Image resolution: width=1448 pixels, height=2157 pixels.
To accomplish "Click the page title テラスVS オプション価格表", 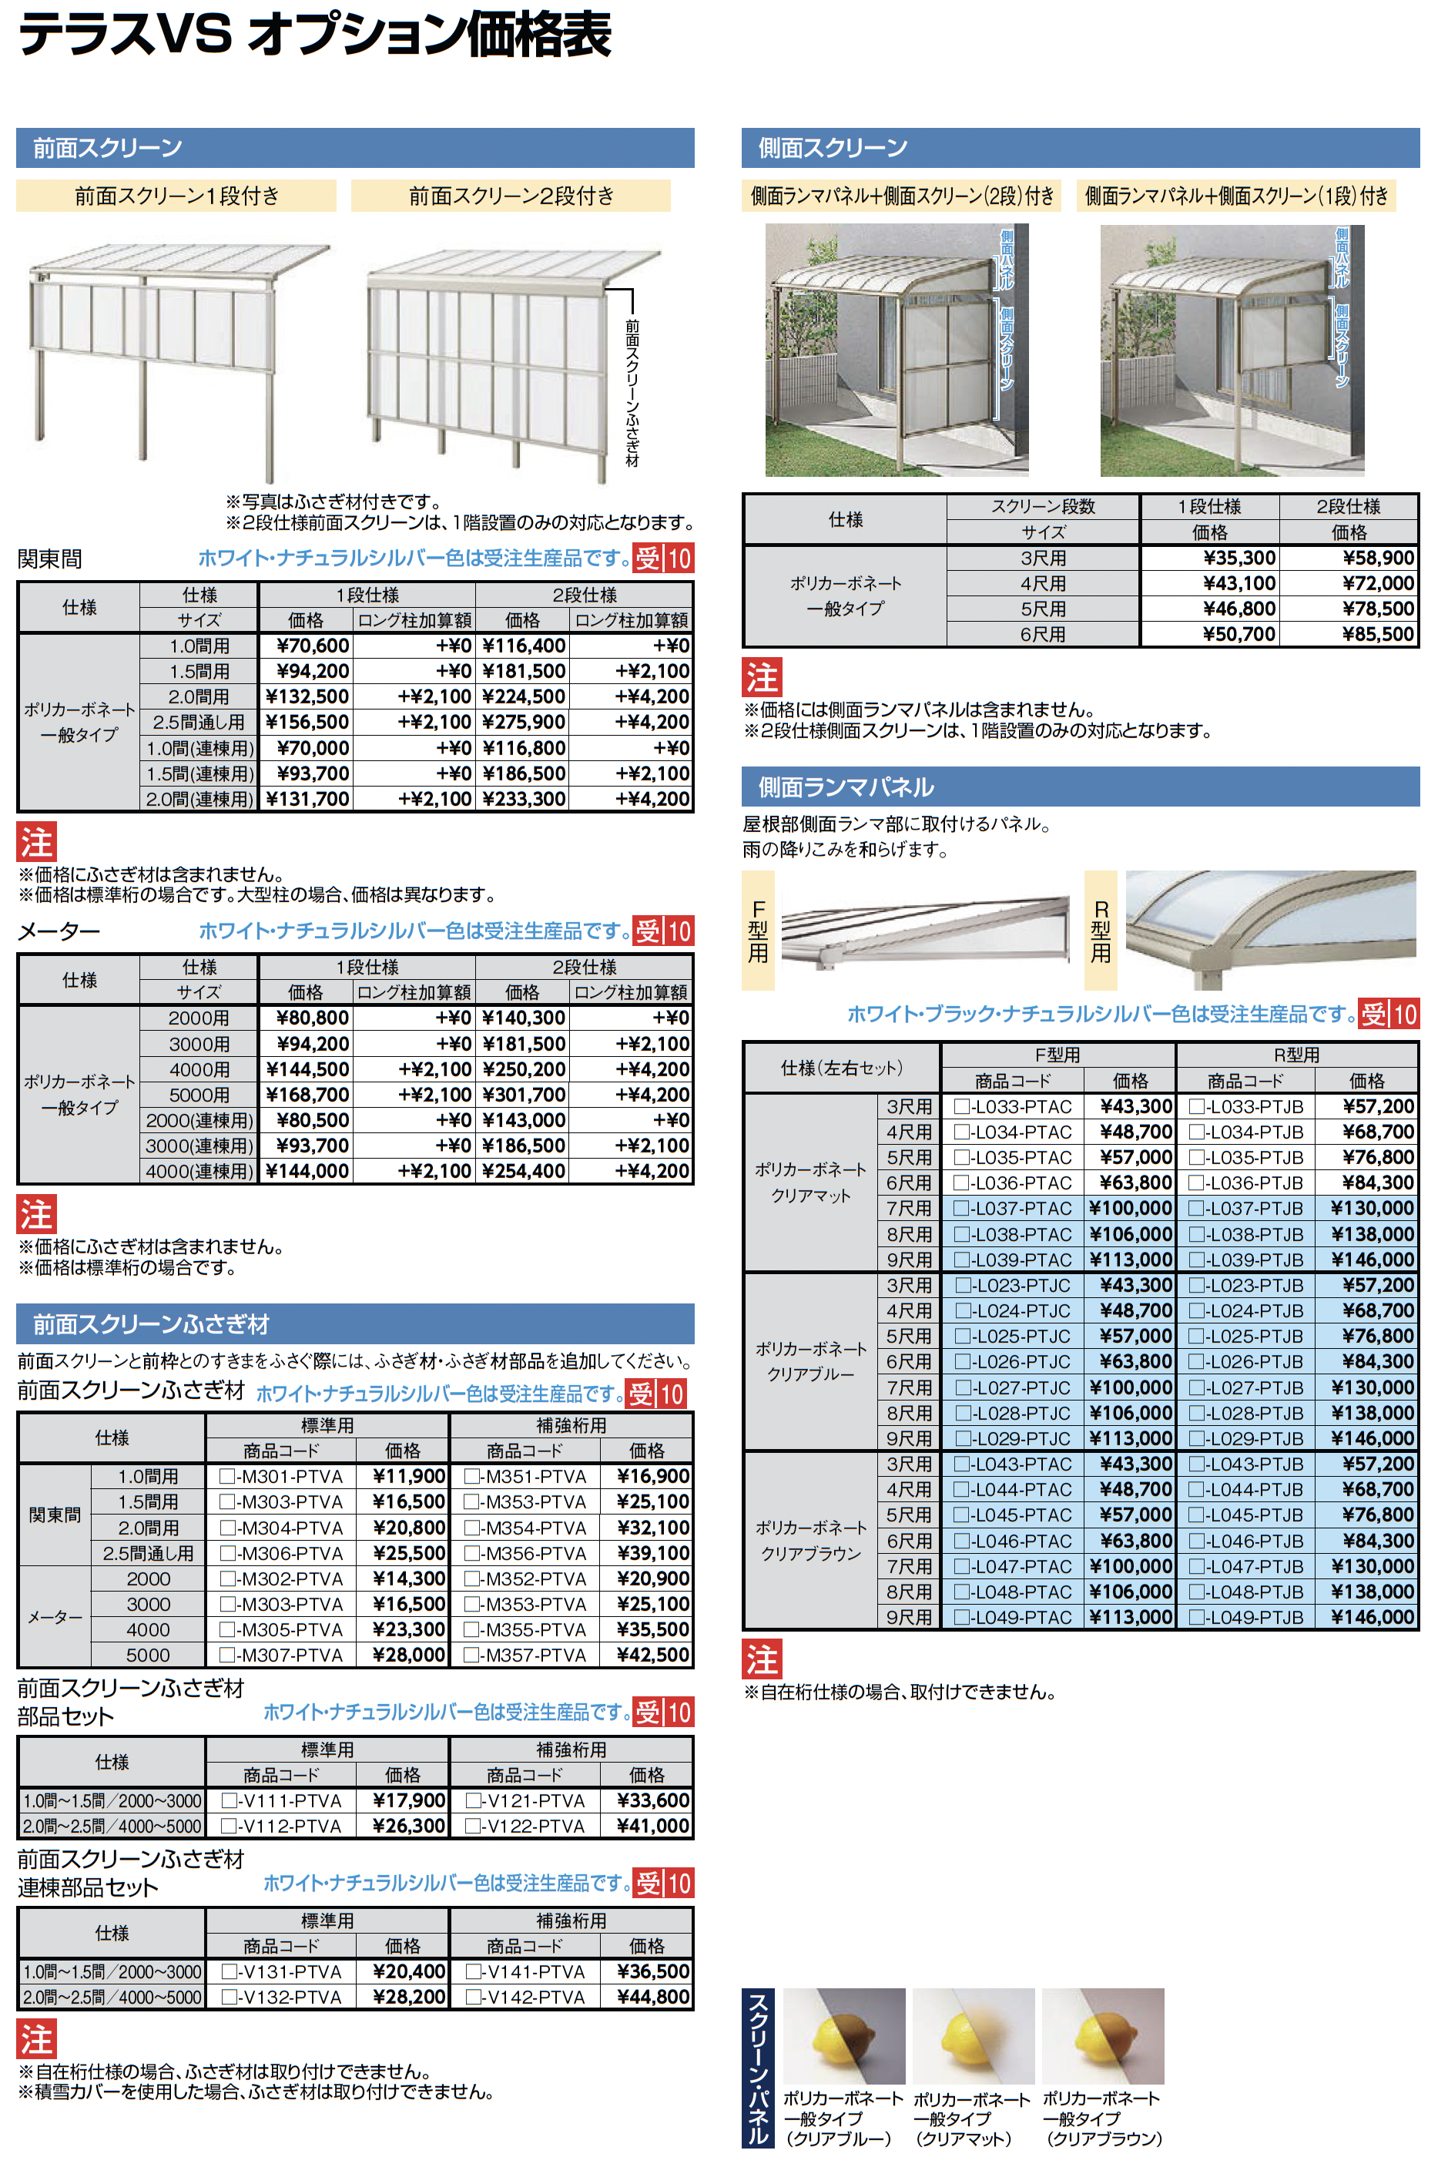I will (314, 35).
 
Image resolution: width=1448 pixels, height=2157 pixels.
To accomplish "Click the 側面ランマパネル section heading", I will (846, 787).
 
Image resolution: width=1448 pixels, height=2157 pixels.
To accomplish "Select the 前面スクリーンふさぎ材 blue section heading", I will (152, 1324).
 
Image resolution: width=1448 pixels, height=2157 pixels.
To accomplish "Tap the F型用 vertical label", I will (758, 931).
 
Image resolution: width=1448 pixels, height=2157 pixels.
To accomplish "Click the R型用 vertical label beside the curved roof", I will (1101, 931).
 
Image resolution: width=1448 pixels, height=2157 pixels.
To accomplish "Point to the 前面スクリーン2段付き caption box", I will (511, 196).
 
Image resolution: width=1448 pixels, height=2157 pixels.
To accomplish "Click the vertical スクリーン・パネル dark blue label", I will (757, 2068).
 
